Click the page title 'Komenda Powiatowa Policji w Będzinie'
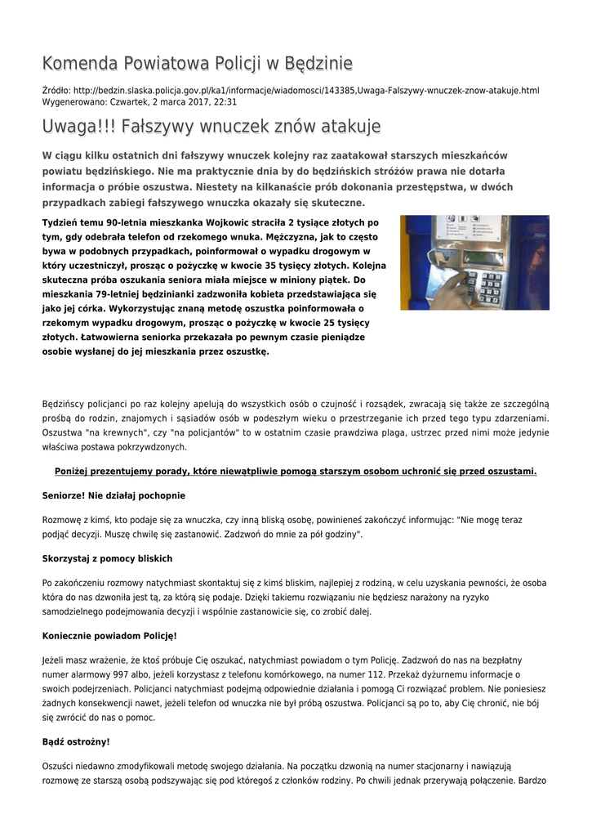[197, 64]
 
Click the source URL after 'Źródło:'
[305, 90]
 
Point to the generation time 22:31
[225, 102]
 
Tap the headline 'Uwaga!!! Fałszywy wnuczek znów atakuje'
[211, 127]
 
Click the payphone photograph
[474, 262]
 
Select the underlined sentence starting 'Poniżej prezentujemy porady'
[296, 472]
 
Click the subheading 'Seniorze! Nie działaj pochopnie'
[114, 495]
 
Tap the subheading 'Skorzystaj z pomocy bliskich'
[107, 559]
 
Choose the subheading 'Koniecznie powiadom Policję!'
[109, 636]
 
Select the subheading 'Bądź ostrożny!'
[76, 742]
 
